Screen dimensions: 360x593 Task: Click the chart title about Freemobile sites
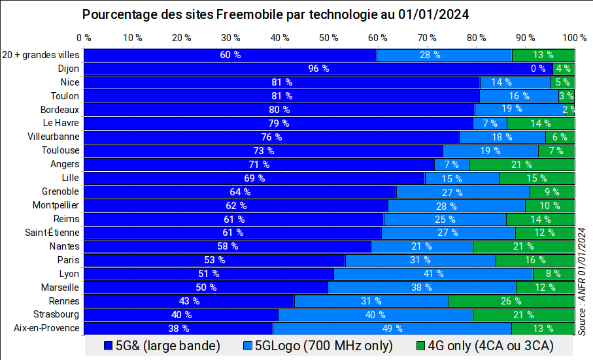click(x=276, y=14)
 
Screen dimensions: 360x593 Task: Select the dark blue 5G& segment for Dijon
click(x=196, y=69)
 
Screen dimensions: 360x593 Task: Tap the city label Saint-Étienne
click(x=52, y=233)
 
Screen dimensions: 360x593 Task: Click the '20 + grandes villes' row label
click(x=41, y=55)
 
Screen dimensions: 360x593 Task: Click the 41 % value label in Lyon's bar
click(x=433, y=274)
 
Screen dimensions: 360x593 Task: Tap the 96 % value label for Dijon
click(x=318, y=69)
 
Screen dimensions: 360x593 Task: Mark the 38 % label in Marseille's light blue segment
click(x=422, y=287)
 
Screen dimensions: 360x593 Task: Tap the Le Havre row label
click(x=61, y=123)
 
